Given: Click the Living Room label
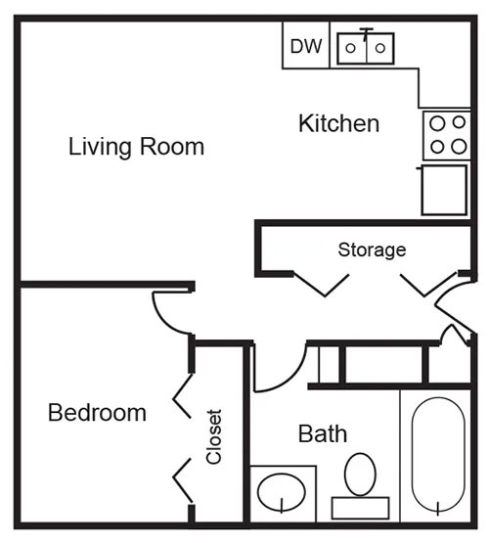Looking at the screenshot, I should [137, 148].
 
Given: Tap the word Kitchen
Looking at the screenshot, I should [338, 124].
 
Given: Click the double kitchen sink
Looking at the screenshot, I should [366, 48].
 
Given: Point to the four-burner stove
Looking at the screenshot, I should [446, 135].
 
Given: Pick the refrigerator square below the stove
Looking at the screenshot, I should [445, 190].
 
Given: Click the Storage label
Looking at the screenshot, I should [372, 249].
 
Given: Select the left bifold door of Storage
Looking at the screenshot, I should [322, 284].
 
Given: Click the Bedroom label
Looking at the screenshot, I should [97, 413].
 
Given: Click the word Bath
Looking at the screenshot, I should [323, 433].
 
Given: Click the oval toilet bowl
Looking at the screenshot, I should [361, 473].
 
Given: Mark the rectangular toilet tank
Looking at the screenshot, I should [360, 508].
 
